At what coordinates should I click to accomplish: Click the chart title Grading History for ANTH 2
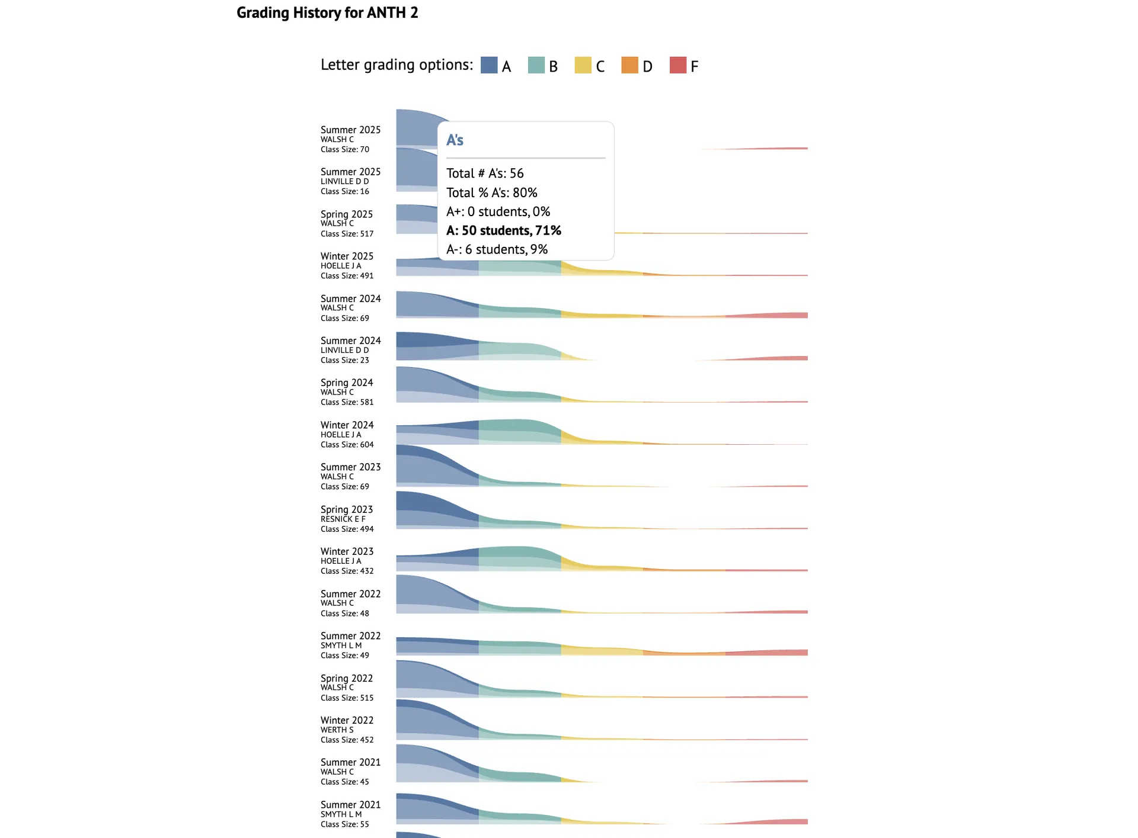coord(327,12)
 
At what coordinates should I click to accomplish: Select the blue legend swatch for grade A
coord(489,65)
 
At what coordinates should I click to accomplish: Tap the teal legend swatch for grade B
coord(536,65)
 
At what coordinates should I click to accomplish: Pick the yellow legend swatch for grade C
coord(583,65)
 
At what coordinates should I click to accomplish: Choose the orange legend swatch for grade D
coord(629,65)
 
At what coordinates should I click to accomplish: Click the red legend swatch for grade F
coord(677,65)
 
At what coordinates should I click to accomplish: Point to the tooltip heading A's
coord(455,140)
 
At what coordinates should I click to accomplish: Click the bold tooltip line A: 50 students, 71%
coord(503,230)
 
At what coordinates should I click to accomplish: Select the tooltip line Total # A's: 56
coord(485,174)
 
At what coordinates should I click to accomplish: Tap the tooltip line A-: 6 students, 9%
coord(497,249)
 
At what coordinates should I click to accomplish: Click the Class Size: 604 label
coord(347,445)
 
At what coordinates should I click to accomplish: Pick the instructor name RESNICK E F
coord(343,519)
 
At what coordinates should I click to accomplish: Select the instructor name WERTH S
coord(337,730)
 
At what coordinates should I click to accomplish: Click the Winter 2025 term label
coord(347,256)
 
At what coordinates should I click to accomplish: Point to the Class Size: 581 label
coord(347,402)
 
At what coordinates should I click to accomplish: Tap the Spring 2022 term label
coord(346,678)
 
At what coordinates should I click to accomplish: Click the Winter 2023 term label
coord(347,551)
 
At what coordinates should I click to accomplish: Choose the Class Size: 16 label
coord(344,191)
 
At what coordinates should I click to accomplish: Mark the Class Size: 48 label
coord(344,614)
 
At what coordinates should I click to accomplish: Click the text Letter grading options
coord(397,65)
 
